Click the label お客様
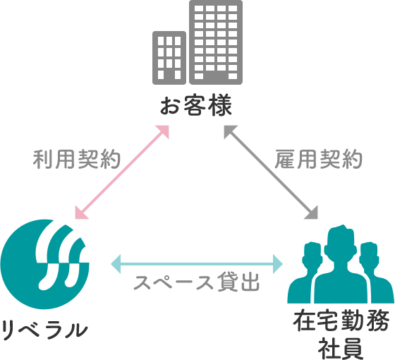click(x=196, y=105)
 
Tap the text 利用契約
click(x=77, y=159)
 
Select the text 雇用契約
click(x=318, y=159)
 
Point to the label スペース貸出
click(x=197, y=282)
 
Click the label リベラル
click(x=45, y=330)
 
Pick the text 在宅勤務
click(x=341, y=321)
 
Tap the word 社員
click(x=341, y=349)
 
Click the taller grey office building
click(x=216, y=42)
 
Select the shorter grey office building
click(x=169, y=58)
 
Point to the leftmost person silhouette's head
click(x=312, y=256)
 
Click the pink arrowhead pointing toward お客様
click(x=163, y=131)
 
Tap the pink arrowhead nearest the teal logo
click(x=80, y=213)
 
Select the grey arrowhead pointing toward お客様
click(x=229, y=131)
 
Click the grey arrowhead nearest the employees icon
click(x=312, y=213)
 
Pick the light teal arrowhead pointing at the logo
click(x=116, y=264)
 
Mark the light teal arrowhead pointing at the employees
click(x=278, y=264)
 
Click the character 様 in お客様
click(x=221, y=105)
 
